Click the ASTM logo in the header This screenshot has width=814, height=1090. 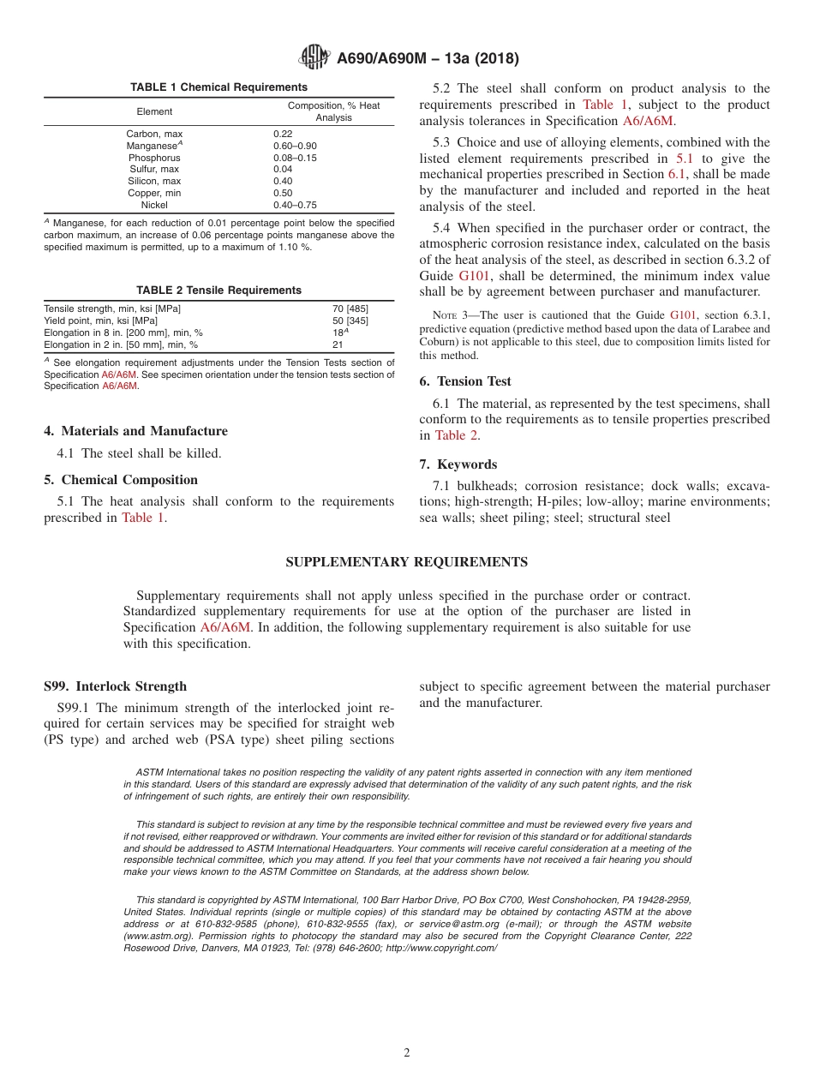(x=314, y=58)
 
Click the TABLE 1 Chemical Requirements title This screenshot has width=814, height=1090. (x=218, y=87)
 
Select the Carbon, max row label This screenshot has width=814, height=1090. (x=154, y=134)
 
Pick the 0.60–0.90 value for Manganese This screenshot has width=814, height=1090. (x=295, y=146)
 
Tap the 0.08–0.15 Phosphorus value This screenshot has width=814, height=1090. (x=295, y=158)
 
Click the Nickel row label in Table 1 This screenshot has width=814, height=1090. (x=154, y=205)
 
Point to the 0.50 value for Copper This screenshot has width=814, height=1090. (x=283, y=193)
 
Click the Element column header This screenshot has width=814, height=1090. (x=154, y=111)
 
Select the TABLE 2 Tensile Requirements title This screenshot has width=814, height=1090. (x=218, y=290)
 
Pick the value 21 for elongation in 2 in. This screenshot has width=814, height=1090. (x=338, y=344)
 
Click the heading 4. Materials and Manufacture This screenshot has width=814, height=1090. (x=135, y=431)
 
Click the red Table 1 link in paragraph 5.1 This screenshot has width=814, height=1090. (x=142, y=518)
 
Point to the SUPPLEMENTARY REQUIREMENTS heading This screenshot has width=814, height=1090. (x=406, y=562)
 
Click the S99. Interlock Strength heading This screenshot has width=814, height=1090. (x=115, y=686)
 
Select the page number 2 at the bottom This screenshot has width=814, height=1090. (x=407, y=1053)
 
